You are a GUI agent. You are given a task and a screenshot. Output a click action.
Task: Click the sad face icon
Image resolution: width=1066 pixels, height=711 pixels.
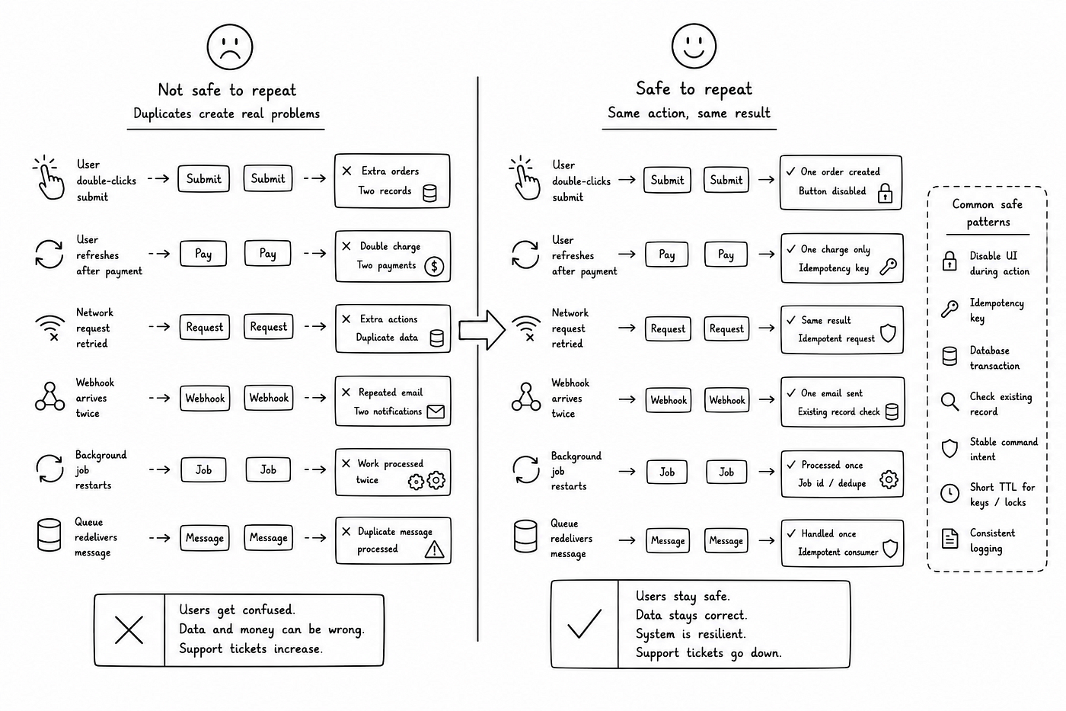point(230,46)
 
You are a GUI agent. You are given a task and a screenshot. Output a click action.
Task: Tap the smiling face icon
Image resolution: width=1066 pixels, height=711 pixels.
point(694,46)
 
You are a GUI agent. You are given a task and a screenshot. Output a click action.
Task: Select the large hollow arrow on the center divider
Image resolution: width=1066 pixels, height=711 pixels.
point(481,330)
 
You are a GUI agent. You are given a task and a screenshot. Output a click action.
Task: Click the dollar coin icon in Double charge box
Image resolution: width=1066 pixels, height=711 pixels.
point(434,266)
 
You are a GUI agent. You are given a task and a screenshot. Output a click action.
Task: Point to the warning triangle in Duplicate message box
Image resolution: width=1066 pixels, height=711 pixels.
point(434,550)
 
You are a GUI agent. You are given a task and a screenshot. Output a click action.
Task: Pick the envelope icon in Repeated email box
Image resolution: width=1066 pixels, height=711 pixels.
point(436,412)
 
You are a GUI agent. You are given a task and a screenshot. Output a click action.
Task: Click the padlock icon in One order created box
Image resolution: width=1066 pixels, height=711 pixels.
point(885,193)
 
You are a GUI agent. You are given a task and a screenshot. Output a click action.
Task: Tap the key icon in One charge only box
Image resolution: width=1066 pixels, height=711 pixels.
point(888,267)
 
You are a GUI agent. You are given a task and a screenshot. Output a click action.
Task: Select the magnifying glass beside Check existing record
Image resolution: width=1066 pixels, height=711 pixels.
point(950,402)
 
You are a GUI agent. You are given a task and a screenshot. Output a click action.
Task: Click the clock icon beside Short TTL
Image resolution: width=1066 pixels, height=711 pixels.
point(950,493)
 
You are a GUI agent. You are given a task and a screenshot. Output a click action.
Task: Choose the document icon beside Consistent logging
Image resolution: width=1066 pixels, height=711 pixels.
point(950,539)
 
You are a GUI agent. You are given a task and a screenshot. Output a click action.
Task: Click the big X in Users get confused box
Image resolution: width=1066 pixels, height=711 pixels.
point(129,629)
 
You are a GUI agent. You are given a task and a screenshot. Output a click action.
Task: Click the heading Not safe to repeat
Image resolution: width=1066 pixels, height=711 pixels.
point(227,90)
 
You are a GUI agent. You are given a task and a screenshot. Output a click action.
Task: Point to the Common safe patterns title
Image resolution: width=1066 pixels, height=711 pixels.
point(987,213)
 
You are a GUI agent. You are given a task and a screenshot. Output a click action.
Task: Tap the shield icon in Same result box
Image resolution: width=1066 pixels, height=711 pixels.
point(888,333)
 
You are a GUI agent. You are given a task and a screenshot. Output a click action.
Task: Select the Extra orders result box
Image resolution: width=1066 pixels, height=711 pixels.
point(392,181)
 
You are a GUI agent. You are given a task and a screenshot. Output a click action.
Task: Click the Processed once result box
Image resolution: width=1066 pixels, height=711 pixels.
point(842,474)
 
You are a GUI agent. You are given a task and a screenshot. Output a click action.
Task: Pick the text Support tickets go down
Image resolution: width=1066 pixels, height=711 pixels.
point(709,653)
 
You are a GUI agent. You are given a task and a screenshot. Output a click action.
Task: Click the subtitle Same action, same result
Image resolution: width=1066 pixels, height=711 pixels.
point(688,113)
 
